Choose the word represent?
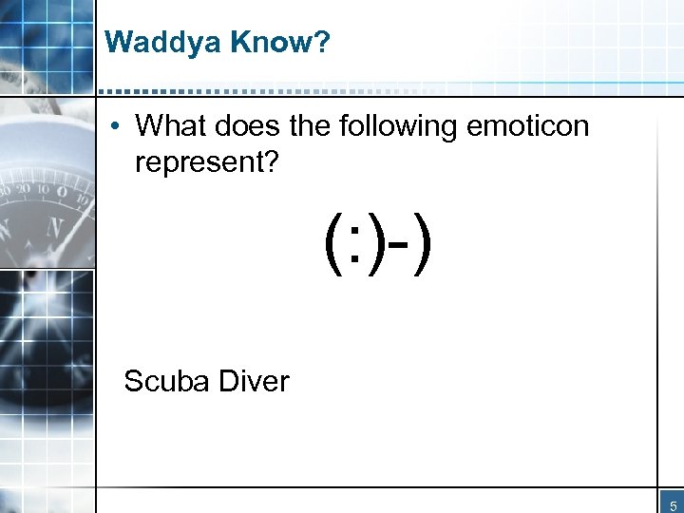pos(206,162)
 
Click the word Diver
pos(253,381)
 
